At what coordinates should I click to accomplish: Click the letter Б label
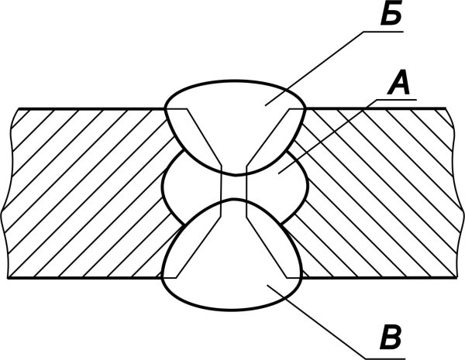(x=391, y=14)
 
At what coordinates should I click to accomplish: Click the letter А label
(x=399, y=84)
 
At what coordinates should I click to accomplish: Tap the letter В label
(x=391, y=338)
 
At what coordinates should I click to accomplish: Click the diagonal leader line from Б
(x=315, y=68)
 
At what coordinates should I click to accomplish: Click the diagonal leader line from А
(x=327, y=136)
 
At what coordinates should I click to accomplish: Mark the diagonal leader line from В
(x=316, y=321)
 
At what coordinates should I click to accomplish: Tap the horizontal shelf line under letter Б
(x=384, y=31)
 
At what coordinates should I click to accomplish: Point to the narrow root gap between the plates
(x=234, y=187)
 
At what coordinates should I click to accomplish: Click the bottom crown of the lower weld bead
(x=231, y=310)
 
